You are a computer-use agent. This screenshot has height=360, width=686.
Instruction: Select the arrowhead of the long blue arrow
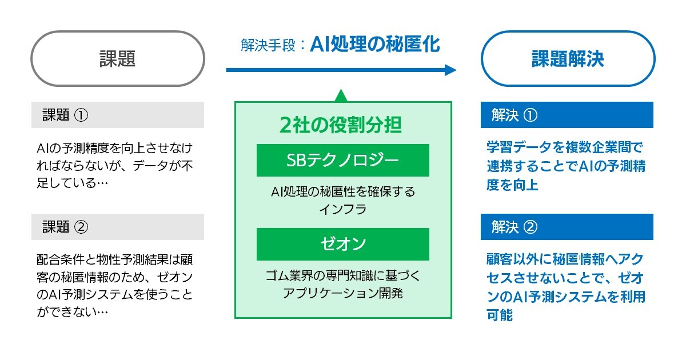[x=450, y=70]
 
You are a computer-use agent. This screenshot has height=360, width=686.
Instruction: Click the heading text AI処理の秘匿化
[x=375, y=45]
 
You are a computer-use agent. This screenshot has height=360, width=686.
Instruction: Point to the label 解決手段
[x=268, y=46]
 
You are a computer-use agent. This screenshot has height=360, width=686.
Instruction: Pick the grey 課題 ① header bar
[x=118, y=115]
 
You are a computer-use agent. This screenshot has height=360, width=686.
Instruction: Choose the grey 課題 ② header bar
[x=118, y=227]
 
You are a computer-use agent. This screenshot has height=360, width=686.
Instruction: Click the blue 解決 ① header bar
[x=567, y=115]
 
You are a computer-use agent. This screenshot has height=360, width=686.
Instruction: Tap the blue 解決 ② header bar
[x=567, y=227]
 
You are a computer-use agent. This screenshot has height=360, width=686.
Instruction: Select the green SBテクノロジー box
[x=342, y=160]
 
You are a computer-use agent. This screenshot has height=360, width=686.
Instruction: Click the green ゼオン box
[x=342, y=245]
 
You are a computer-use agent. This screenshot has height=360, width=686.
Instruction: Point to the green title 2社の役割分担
[x=341, y=125]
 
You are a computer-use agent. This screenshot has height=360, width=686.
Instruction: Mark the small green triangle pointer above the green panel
[x=341, y=95]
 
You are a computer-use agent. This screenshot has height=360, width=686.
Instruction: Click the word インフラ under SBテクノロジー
[x=342, y=210]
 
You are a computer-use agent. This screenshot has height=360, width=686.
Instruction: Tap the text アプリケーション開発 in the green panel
[x=342, y=293]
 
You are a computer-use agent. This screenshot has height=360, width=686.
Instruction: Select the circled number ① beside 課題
[x=81, y=115]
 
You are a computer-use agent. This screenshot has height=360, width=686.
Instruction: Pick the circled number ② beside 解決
[x=531, y=227]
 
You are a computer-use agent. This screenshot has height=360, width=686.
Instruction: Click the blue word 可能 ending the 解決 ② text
[x=500, y=315]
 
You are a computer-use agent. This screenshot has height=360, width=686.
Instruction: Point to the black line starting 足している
[x=72, y=183]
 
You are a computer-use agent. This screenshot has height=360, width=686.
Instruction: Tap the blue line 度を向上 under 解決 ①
[x=512, y=185]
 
